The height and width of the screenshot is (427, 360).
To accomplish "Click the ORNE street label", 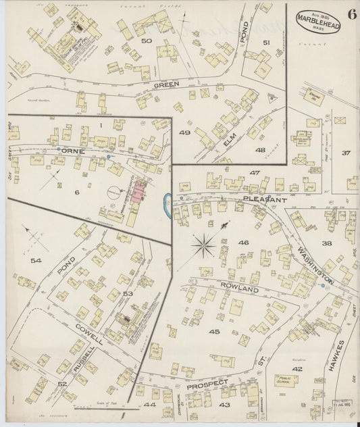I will point(71,151).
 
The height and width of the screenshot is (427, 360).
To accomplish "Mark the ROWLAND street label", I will point(240,289).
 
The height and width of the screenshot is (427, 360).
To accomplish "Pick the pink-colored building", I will point(141,191).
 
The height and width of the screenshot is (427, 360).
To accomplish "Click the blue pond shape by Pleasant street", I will point(166,201).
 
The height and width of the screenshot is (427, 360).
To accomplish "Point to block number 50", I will point(146,42).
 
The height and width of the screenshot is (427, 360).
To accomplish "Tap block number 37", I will point(346,153).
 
